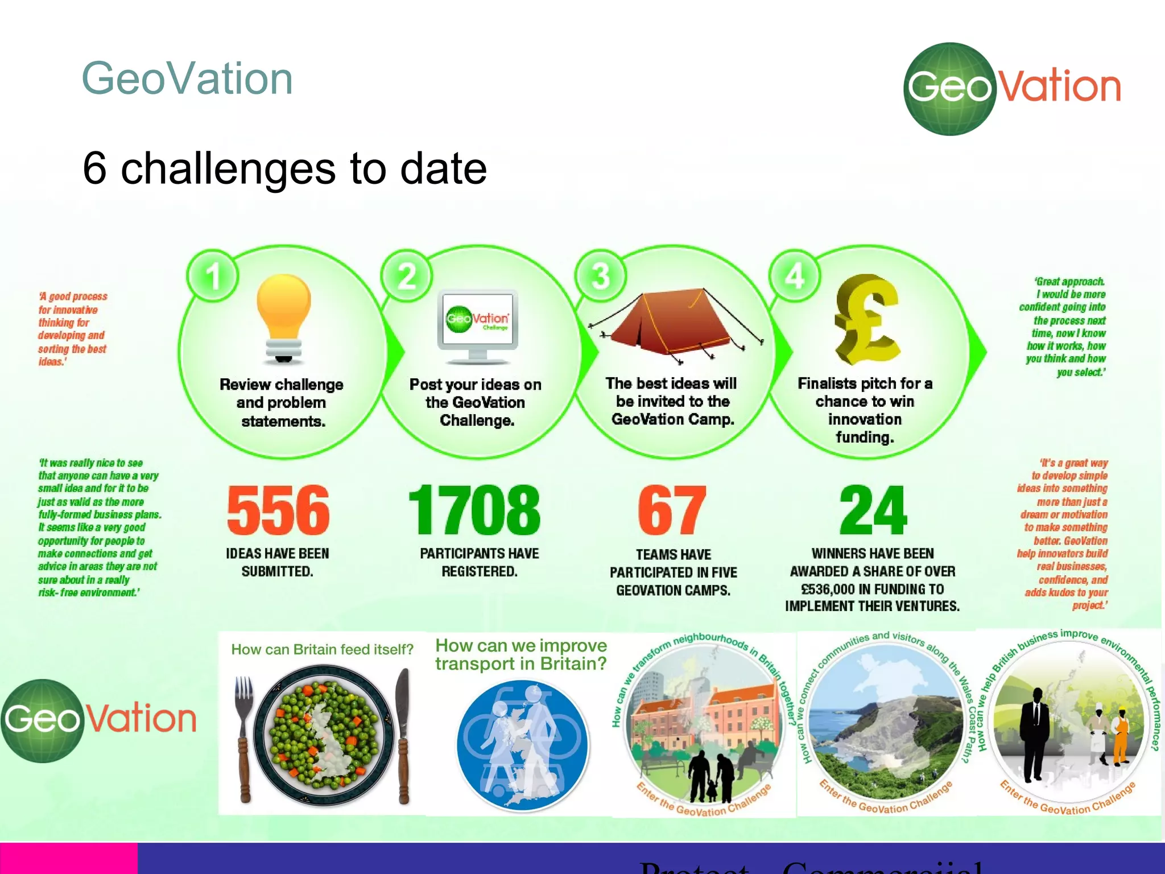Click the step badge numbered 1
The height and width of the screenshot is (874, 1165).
tap(213, 277)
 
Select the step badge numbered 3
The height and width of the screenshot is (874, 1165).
tap(601, 277)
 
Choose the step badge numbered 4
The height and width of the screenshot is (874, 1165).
tap(795, 277)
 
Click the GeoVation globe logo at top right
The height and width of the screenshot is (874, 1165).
tap(950, 89)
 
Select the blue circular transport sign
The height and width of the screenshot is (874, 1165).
tap(522, 745)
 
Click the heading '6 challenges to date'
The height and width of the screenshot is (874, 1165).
tap(284, 168)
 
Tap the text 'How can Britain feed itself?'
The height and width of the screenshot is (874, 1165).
tap(322, 649)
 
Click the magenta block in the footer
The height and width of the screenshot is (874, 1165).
tap(68, 858)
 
